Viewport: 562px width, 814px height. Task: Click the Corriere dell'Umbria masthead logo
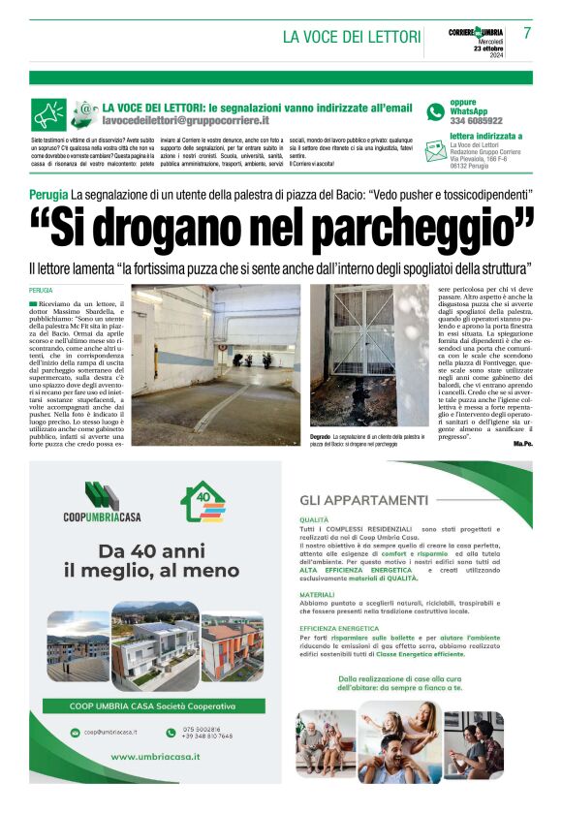coord(475,32)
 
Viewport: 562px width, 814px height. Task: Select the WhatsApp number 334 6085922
coord(477,121)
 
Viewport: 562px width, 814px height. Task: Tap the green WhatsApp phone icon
coord(436,112)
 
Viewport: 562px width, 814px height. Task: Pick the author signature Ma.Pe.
coord(523,442)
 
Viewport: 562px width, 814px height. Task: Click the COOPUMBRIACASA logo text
coord(103,516)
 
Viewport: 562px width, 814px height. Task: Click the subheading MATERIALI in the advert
coord(317,594)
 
